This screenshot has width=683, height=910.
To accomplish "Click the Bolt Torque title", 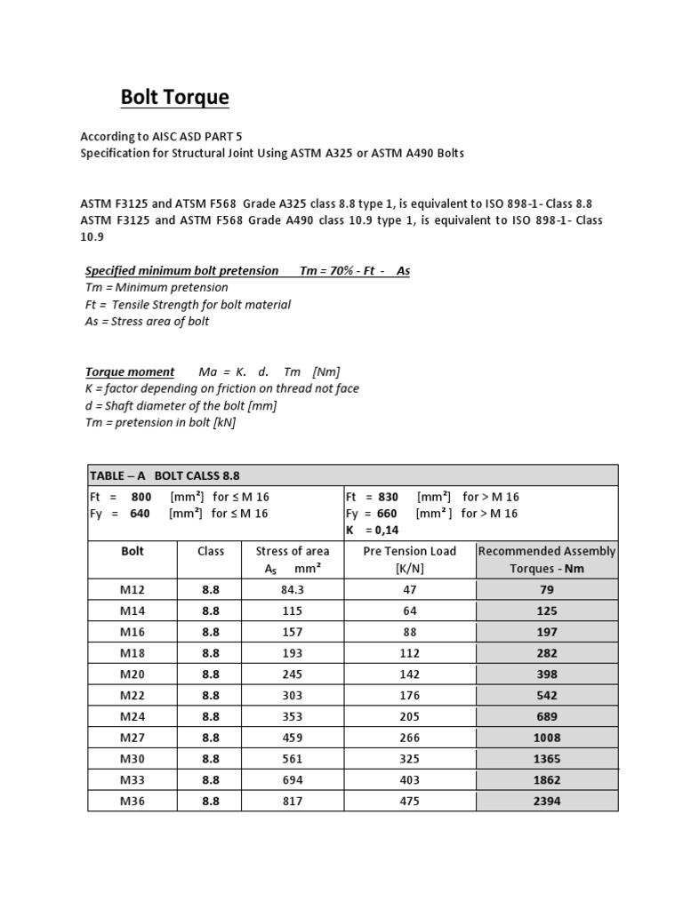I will pos(174,98).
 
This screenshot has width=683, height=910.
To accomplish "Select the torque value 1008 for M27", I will pos(547,737).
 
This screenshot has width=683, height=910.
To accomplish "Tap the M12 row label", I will pos(133,589).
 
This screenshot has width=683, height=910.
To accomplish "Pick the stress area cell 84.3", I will pos(292,589).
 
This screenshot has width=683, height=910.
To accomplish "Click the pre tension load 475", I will pos(410,801).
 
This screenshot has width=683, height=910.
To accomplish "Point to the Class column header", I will pos(211,551).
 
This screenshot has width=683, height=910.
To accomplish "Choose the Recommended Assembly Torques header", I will pos(547,560).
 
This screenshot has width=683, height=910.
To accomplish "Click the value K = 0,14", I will pos(373,531).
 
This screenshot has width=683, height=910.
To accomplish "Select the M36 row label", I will pos(133,801).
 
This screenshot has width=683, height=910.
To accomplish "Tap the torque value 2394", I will pos(547,801).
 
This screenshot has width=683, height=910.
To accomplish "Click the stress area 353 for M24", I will pos(292,716).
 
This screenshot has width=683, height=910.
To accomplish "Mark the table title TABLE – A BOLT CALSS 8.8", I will pos(165,475).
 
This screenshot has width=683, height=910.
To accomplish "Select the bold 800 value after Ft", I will pos(141,497).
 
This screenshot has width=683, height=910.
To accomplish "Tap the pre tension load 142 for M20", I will pos(410,674).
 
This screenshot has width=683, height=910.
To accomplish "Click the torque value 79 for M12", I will pos(547,589).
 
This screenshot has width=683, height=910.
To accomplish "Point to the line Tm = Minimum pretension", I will pos(157,287).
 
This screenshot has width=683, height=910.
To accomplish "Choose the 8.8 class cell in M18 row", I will pos(211,652).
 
